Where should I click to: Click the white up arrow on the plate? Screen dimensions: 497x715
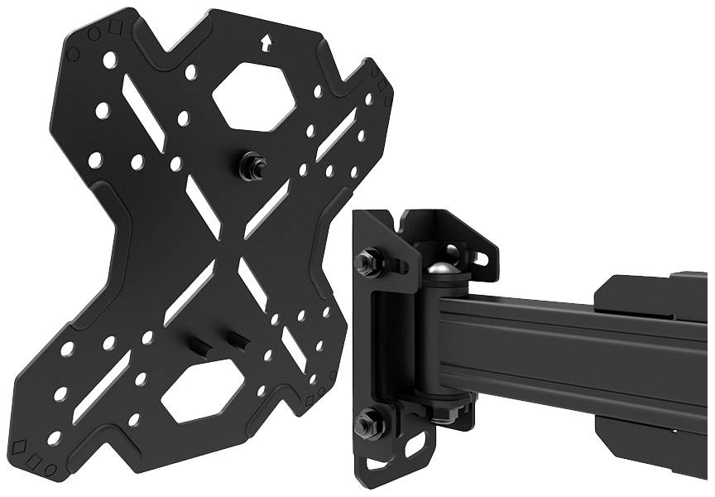(266, 42)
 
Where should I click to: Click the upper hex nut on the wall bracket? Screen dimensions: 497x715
(365, 263)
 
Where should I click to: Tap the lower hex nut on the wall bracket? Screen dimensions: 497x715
(364, 424)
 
